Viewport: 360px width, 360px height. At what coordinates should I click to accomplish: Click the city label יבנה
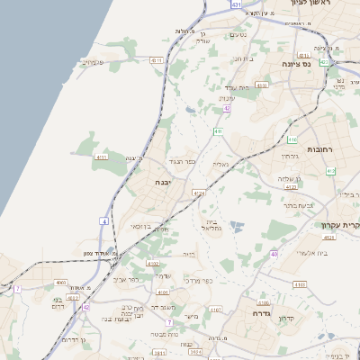point(164,182)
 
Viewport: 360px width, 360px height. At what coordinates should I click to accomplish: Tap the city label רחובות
point(320,148)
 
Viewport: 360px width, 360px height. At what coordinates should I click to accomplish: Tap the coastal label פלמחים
point(93,62)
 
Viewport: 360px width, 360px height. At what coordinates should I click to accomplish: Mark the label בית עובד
point(238,87)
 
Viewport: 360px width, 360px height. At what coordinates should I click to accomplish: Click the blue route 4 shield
point(104,220)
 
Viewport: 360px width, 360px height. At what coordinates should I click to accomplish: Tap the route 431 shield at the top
point(235,5)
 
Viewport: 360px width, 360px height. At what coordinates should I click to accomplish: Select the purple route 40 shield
point(273,255)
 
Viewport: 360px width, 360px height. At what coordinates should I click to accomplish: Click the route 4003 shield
point(61,283)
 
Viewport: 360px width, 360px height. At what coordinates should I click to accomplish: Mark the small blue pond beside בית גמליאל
point(238,224)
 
